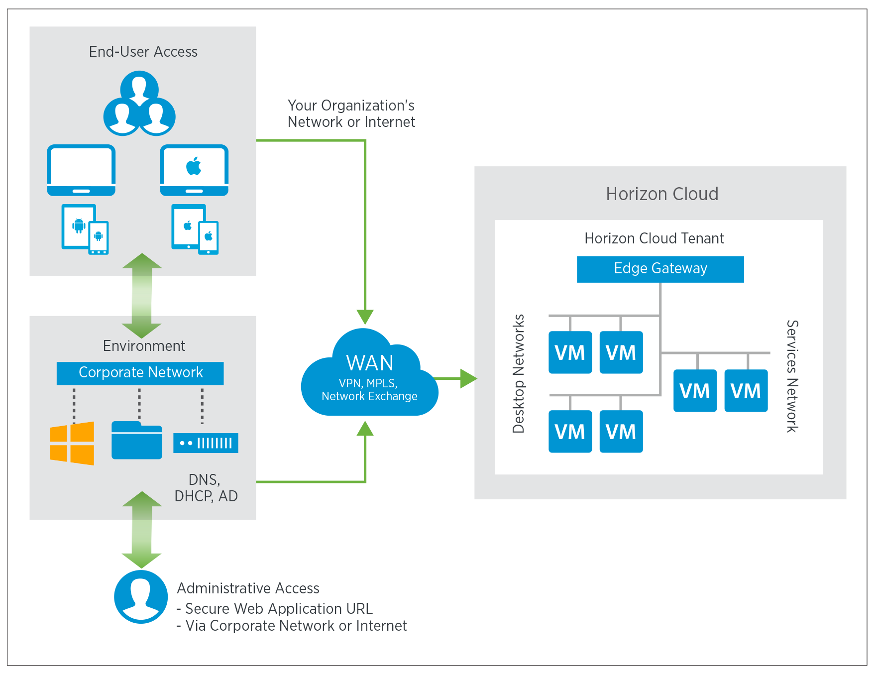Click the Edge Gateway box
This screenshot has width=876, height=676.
660,269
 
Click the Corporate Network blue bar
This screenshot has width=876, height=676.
140,373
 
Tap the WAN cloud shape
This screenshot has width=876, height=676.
369,378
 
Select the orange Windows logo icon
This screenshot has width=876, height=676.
72,443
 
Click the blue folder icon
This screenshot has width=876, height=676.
137,441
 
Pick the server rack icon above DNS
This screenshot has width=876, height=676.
206,443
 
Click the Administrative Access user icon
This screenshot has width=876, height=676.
141,596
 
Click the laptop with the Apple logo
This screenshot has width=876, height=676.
194,170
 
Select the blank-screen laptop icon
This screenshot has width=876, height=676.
81,170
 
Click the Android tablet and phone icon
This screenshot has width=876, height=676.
85,229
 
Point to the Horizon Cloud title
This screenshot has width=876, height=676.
662,194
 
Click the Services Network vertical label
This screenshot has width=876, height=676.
792,376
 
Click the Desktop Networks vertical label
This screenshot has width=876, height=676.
519,373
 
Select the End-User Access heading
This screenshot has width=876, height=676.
143,52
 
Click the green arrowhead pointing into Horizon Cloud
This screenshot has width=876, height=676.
468,379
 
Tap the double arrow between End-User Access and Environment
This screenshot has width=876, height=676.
142,296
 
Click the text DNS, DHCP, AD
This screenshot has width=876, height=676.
206,488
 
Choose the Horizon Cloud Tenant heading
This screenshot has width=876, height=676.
654,238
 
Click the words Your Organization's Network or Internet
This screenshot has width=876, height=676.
351,113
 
